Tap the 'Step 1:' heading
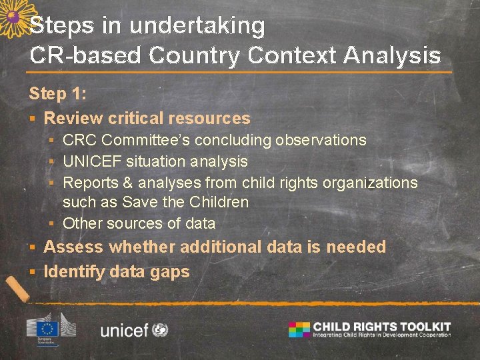click(57, 93)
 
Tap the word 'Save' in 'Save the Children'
click(139, 202)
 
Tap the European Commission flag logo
click(47, 328)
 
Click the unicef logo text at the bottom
click(124, 330)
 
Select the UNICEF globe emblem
click(160, 329)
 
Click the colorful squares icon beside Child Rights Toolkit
click(299, 329)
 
